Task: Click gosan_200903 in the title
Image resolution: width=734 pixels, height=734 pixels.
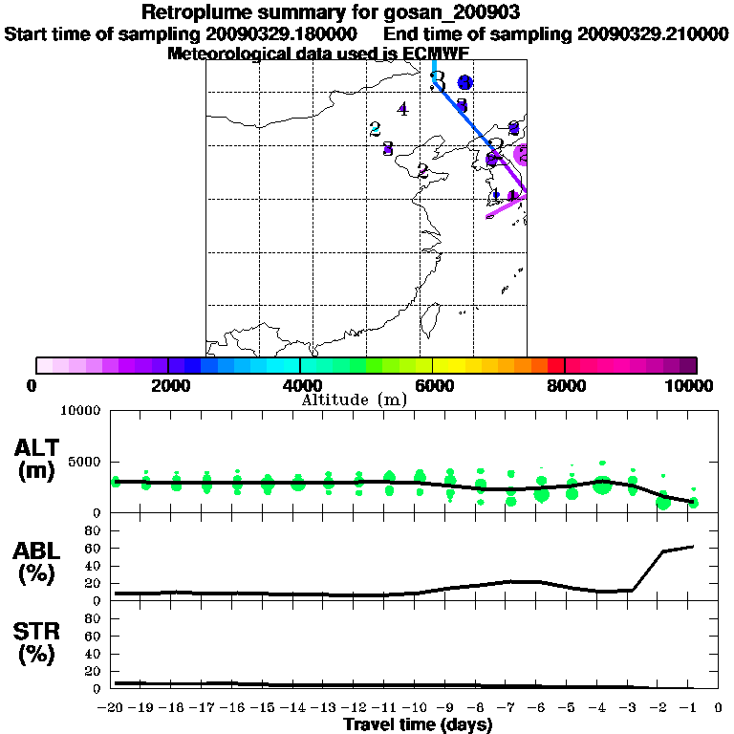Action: tap(450, 12)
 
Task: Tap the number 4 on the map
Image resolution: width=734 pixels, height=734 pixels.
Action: tap(403, 109)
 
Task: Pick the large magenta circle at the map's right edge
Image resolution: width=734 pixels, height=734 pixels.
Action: tap(522, 155)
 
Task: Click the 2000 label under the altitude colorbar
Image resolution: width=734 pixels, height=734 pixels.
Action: tap(167, 385)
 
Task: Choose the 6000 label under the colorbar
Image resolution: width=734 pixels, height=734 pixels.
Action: tap(432, 385)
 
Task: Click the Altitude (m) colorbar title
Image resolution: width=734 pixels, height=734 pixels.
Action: tap(354, 399)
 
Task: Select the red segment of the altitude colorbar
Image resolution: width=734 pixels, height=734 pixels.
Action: tap(555, 365)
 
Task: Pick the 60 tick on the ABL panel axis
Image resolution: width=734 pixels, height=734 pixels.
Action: tap(95, 549)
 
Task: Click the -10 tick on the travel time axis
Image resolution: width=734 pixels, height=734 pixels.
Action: tap(419, 709)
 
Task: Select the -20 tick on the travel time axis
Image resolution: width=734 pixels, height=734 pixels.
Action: tap(116, 709)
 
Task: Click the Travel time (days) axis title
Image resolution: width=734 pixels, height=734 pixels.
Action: tap(418, 725)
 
